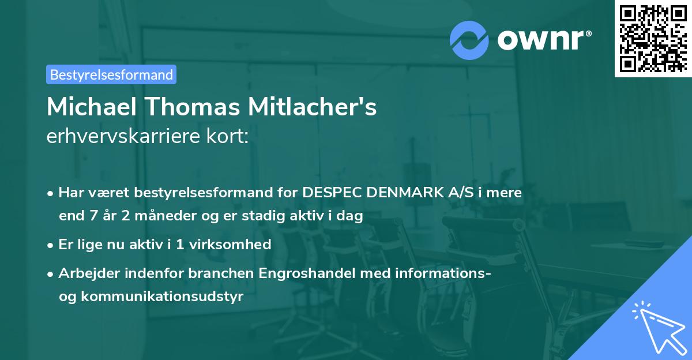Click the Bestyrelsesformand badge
[111, 74]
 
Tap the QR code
[653, 39]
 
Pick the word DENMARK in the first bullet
[405, 193]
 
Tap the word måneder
[142, 216]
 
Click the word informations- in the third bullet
[443, 273]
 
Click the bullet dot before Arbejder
[51, 274]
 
